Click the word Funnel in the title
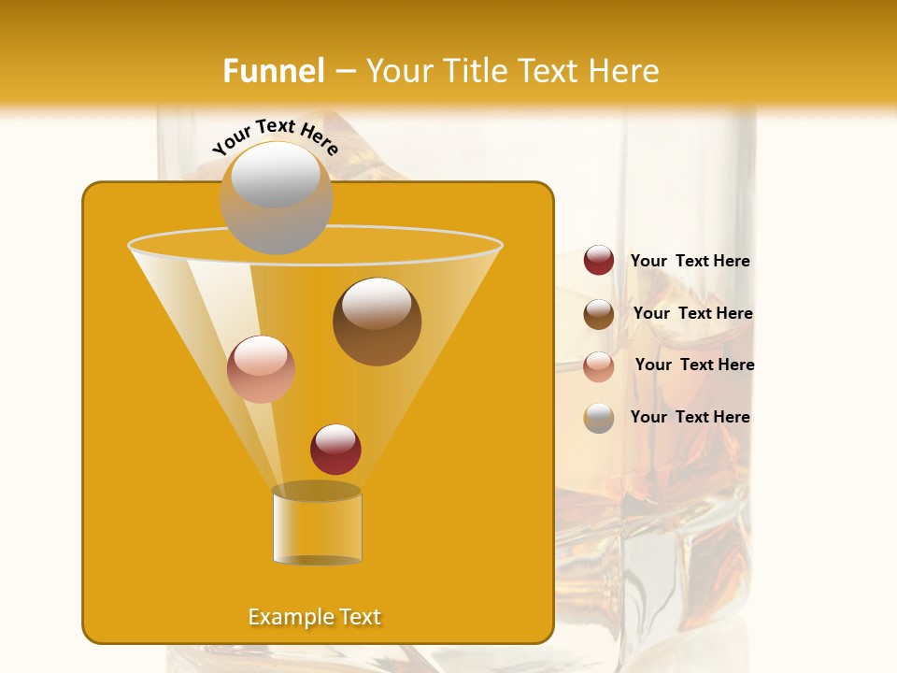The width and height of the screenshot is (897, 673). (x=274, y=71)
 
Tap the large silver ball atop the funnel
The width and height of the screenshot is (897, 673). (x=276, y=197)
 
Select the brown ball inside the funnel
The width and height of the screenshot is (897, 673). (x=377, y=322)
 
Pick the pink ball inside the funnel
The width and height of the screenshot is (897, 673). (x=261, y=369)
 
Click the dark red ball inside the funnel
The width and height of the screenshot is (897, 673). (x=335, y=449)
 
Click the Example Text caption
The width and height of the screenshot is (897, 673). (x=315, y=617)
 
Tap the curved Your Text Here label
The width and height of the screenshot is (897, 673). (x=276, y=136)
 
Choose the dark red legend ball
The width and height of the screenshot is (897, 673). (x=599, y=261)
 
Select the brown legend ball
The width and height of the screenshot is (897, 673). (x=599, y=314)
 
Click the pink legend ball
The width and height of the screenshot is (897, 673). (x=599, y=366)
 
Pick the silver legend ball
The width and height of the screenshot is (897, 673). (x=599, y=418)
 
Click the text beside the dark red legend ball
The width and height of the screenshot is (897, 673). (x=690, y=262)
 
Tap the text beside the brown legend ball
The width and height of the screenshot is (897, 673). (x=692, y=313)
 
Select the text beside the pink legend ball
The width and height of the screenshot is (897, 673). (x=694, y=365)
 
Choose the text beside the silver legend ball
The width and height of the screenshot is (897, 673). (x=690, y=417)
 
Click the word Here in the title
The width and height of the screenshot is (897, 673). (x=625, y=71)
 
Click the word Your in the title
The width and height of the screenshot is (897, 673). (x=396, y=71)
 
